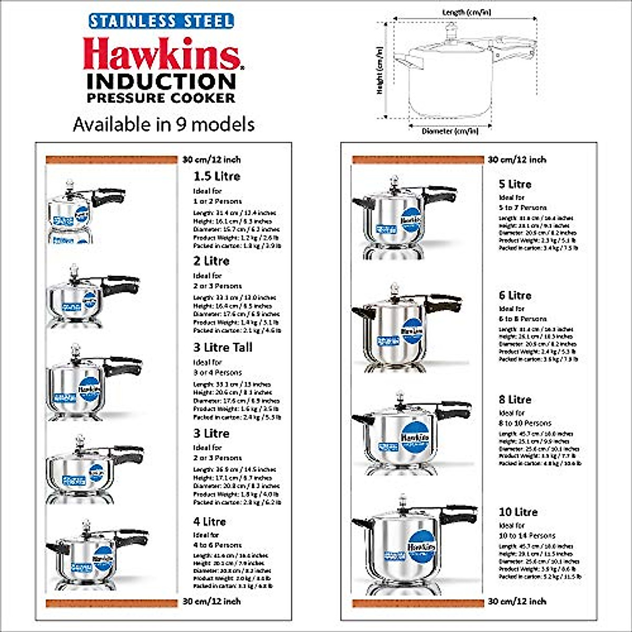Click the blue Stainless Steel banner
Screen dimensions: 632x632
[x=161, y=21]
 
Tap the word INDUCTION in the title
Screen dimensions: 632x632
[x=161, y=82]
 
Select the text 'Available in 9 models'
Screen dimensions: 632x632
[x=164, y=124]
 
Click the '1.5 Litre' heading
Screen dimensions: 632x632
[x=216, y=176]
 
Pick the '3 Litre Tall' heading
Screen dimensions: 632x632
[x=223, y=348]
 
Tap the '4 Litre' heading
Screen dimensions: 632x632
[x=209, y=521]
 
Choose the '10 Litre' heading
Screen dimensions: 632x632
[x=518, y=512]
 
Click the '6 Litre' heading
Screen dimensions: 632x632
[x=515, y=295]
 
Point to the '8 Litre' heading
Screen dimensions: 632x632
[x=515, y=400]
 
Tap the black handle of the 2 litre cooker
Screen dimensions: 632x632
[x=120, y=287]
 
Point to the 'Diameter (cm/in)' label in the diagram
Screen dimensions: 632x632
[x=450, y=131]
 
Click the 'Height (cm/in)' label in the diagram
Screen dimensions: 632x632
[x=380, y=70]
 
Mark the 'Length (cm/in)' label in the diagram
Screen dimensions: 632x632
[x=466, y=12]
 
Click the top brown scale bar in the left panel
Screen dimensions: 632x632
[x=111, y=160]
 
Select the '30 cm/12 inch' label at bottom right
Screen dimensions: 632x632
[x=517, y=601]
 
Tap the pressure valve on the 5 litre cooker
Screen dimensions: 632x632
[x=394, y=183]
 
